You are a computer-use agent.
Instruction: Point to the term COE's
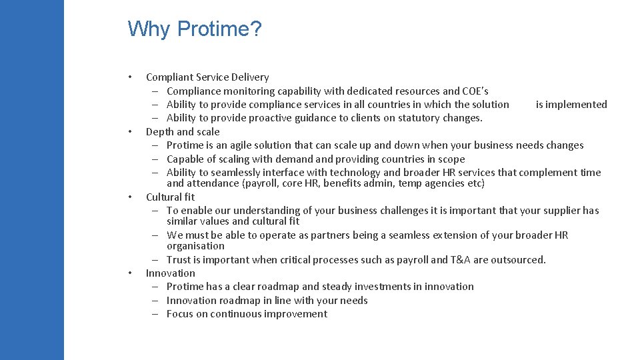coord(476,91)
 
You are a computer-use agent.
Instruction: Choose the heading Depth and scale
coord(183,131)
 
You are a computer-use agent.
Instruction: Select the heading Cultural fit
coord(171,197)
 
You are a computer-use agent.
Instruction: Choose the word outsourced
coord(517,260)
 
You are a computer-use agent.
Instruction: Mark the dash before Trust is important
coord(154,260)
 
